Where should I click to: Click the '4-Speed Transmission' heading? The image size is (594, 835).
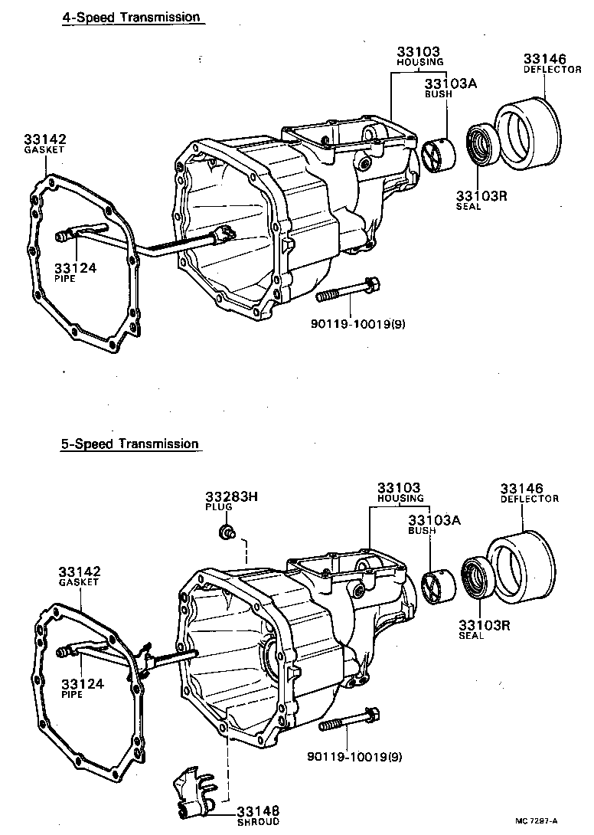point(131,17)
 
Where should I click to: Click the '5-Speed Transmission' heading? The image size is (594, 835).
point(130,444)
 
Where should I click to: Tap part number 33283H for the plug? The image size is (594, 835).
point(231,496)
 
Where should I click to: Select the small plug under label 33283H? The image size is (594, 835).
point(227,531)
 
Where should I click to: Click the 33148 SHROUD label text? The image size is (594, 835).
point(258,814)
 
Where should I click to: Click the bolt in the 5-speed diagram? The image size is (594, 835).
point(349,722)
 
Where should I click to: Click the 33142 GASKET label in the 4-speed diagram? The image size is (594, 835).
point(44,143)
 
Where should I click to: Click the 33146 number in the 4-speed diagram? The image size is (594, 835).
point(544,59)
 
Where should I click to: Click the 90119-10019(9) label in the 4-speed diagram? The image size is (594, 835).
point(357,323)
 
